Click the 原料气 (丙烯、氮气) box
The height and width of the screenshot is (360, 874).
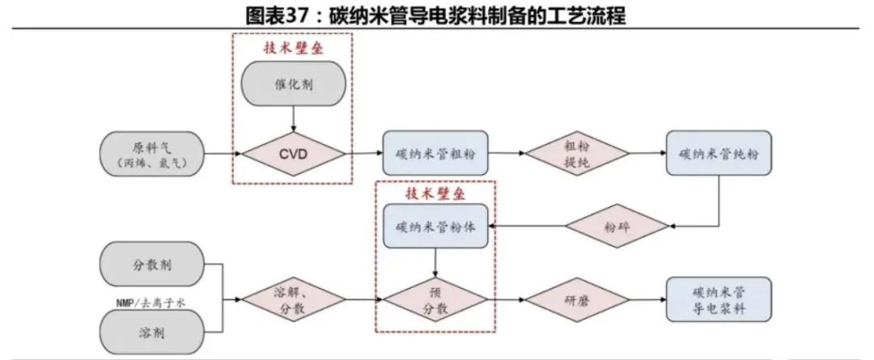(x=153, y=152)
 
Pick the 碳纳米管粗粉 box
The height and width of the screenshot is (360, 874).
(x=435, y=152)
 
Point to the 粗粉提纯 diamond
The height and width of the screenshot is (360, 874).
(x=575, y=152)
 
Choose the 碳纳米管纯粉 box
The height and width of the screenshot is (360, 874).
(x=719, y=152)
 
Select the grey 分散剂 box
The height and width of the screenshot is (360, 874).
(x=153, y=265)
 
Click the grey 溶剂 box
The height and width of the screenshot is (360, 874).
(x=153, y=333)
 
